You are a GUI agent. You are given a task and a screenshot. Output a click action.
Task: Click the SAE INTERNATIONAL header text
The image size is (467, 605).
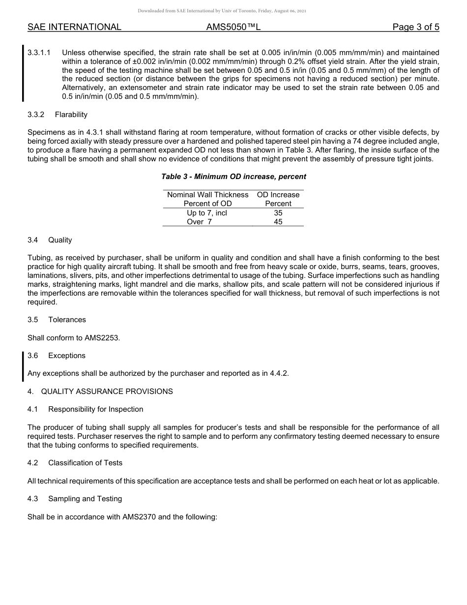(x=74, y=28)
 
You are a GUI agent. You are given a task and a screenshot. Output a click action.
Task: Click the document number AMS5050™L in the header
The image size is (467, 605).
(x=233, y=28)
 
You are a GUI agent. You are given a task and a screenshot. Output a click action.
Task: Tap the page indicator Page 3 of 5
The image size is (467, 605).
(x=415, y=28)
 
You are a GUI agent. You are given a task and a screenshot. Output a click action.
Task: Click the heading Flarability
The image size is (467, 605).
(x=71, y=115)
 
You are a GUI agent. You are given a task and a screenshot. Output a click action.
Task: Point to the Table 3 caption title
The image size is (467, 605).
(x=233, y=177)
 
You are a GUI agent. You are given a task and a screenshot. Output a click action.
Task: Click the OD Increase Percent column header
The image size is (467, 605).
(x=278, y=199)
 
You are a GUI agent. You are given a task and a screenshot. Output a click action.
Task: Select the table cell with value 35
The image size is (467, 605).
(x=278, y=213)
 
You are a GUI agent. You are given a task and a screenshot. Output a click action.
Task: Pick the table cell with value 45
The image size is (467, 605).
(x=278, y=222)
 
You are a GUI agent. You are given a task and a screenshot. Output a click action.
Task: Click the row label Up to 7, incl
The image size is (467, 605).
(x=207, y=213)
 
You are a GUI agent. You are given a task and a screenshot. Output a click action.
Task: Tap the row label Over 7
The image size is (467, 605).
(x=199, y=222)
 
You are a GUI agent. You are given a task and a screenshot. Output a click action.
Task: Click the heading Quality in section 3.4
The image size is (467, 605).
(x=60, y=240)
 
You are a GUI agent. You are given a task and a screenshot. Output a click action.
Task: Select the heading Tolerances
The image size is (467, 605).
(x=67, y=320)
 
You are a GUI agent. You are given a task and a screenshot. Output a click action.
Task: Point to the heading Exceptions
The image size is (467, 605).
(x=67, y=356)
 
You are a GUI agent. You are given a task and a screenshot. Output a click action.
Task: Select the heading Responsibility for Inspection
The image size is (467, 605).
(x=96, y=409)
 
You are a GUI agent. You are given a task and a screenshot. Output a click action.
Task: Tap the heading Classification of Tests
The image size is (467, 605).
(x=85, y=463)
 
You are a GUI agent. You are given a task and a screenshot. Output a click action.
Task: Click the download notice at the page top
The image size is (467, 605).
(x=222, y=11)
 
